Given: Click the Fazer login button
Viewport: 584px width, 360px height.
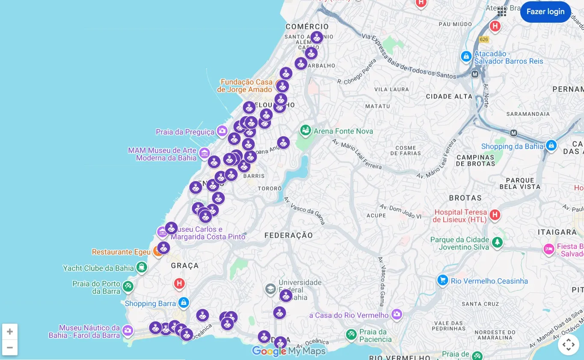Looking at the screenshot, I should click(x=545, y=12).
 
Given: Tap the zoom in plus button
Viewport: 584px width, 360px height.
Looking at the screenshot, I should click(x=10, y=332).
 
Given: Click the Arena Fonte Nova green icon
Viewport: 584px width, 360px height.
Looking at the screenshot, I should click(x=305, y=130).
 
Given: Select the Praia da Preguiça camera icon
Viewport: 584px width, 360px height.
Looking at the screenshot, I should click(x=222, y=131).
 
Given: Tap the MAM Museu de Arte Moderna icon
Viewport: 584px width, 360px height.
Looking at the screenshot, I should click(x=205, y=153).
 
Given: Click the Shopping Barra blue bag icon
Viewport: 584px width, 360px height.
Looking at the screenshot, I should click(x=184, y=303).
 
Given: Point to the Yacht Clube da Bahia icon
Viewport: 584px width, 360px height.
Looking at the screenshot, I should click(x=141, y=268).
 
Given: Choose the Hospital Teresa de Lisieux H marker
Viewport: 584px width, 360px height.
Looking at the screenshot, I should click(x=495, y=215).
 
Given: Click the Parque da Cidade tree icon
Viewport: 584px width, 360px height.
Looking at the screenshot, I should click(x=497, y=243).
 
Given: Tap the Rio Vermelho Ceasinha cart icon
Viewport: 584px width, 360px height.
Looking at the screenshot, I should click(x=442, y=280).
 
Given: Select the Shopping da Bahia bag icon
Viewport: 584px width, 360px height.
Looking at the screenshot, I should click(x=551, y=145).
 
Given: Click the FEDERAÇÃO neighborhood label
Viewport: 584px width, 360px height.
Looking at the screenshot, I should click(x=288, y=235).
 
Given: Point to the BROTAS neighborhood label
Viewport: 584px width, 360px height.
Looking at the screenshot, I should click(x=465, y=198).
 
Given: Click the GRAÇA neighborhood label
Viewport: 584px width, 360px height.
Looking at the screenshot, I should click(x=185, y=266).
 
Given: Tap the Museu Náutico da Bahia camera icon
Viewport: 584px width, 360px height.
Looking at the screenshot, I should click(x=127, y=330).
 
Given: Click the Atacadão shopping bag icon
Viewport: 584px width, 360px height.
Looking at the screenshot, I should click(x=466, y=56).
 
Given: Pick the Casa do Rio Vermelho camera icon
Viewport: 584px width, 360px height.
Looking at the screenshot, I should click(x=397, y=315).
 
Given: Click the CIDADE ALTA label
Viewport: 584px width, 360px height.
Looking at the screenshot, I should click(x=449, y=97).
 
